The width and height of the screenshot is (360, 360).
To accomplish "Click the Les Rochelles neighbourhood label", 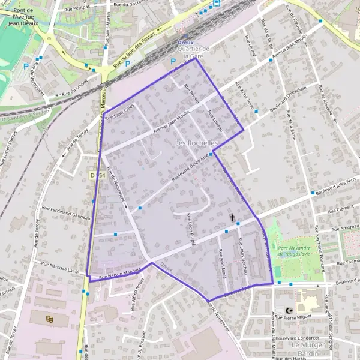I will pyautogui.click(x=197, y=145).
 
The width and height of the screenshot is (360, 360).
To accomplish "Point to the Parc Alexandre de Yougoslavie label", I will pyautogui.click(x=293, y=251).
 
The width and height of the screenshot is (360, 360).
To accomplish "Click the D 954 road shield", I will pyautogui.click(x=97, y=175).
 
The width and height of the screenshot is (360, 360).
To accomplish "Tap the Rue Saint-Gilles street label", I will pyautogui.click(x=120, y=112).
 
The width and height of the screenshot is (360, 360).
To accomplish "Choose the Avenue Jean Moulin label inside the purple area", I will pyautogui.click(x=171, y=122).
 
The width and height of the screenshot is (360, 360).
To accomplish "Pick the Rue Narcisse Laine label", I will pyautogui.click(x=61, y=266).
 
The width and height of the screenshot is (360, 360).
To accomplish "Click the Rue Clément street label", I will pyautogui.click(x=343, y=208).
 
